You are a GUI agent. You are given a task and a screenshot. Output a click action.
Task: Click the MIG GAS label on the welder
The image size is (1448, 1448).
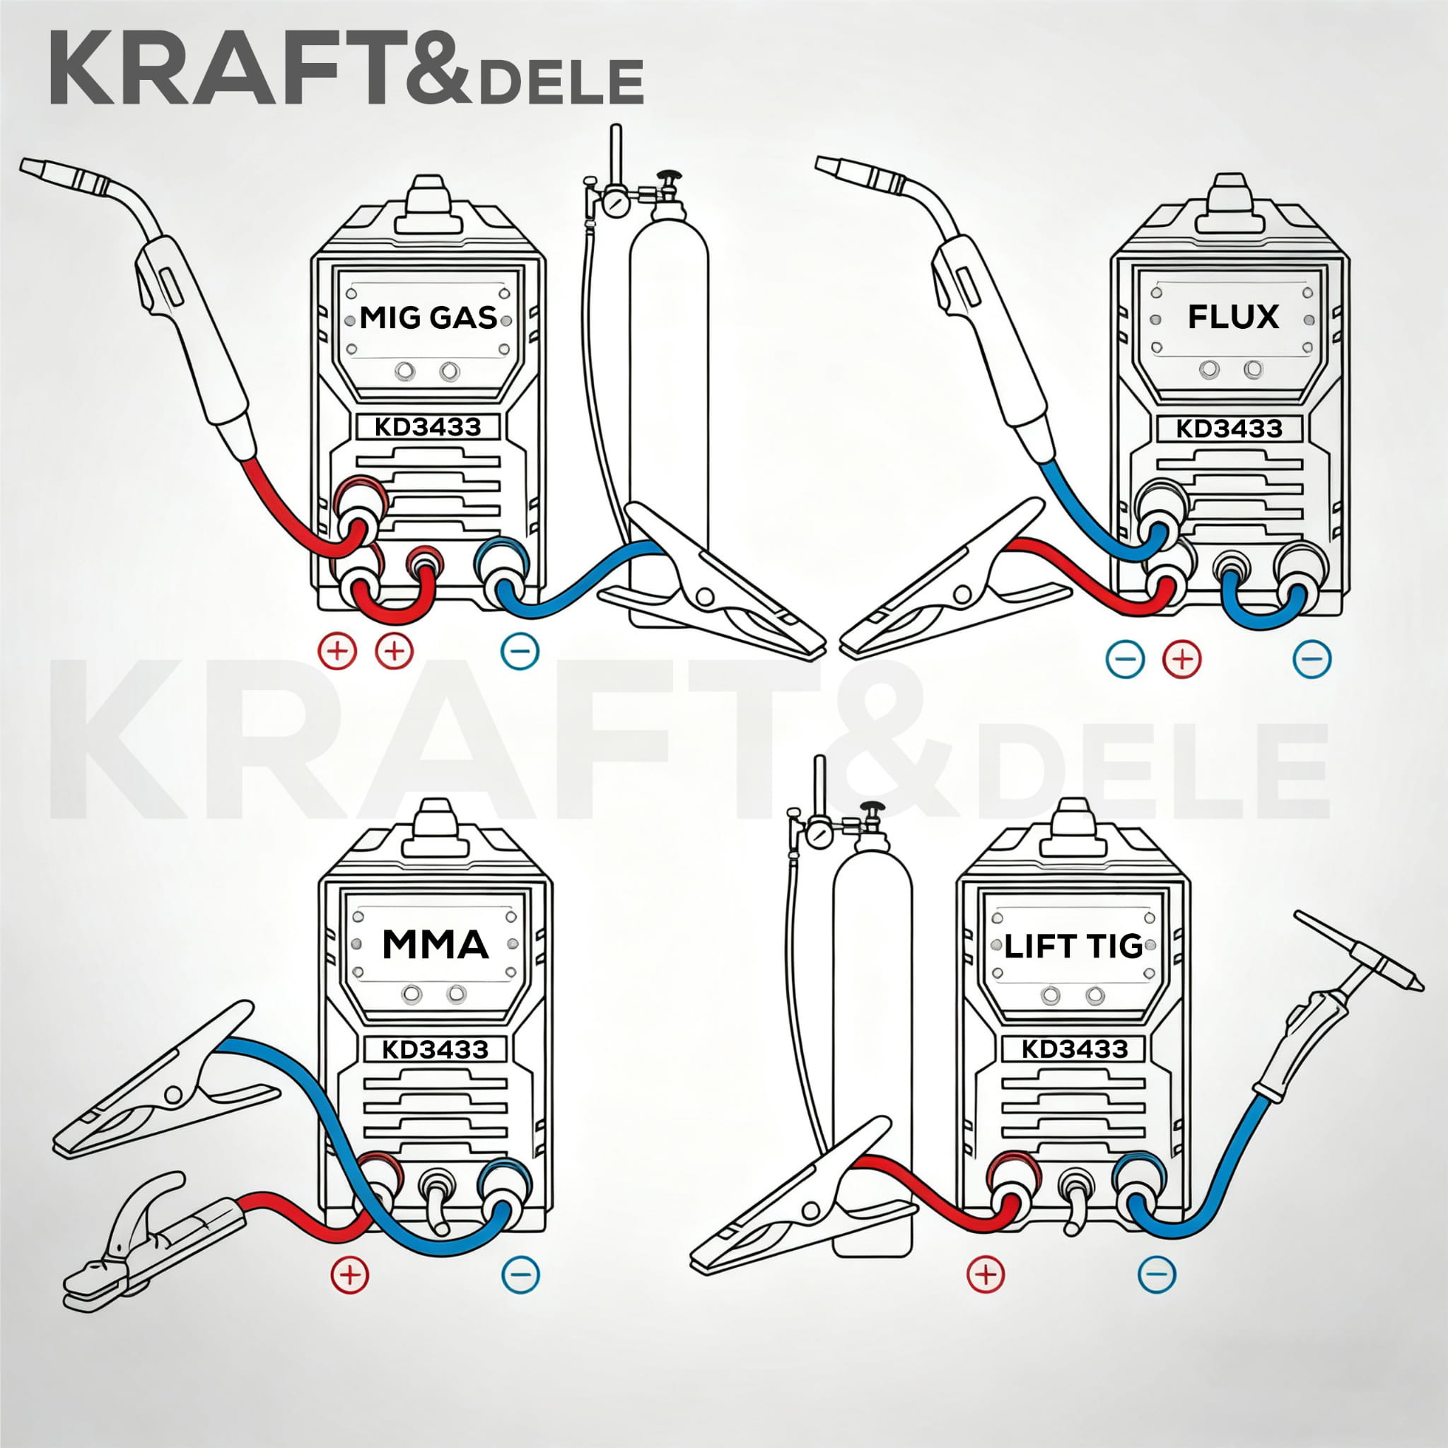[428, 317]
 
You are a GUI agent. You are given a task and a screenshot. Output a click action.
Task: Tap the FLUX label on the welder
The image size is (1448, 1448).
[1233, 317]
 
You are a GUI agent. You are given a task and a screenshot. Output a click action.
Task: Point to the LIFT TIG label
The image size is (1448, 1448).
[1073, 947]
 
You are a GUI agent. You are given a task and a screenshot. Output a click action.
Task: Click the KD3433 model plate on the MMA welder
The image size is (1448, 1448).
[435, 1049]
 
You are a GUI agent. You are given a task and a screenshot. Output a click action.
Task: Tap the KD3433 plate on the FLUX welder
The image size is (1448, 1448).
[1228, 428]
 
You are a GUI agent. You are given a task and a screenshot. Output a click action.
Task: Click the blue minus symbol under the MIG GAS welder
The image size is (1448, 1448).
[520, 650]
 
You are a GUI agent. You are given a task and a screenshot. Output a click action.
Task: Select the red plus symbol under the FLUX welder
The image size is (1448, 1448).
[1181, 660]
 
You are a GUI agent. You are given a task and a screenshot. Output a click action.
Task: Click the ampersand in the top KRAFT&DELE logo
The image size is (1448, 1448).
[437, 70]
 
